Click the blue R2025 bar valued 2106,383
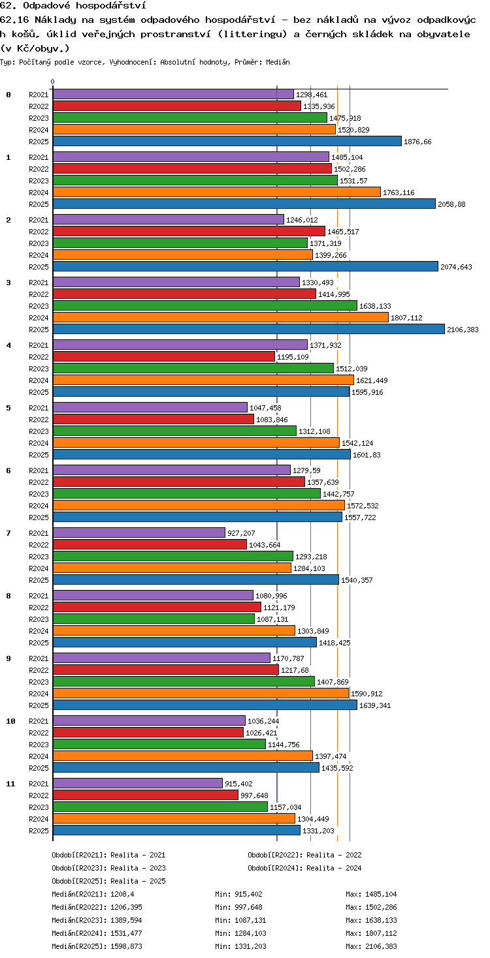[x=249, y=329]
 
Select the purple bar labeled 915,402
[x=138, y=783]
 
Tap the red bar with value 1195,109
[x=164, y=356]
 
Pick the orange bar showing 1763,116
[x=217, y=192]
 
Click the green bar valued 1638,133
[x=205, y=305]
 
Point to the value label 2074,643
[x=456, y=267]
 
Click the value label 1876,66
[x=417, y=142]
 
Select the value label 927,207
[x=241, y=533]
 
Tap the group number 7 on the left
[x=8, y=533]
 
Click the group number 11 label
[x=10, y=784]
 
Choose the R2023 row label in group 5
[x=39, y=431]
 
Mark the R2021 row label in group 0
[x=39, y=95]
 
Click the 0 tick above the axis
[x=53, y=82]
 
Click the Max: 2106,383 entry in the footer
[x=371, y=946]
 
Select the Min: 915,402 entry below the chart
[x=238, y=894]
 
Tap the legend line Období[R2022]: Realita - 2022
[x=304, y=854]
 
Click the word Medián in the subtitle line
[x=278, y=62]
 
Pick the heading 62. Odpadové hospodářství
[x=73, y=6]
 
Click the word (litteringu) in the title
[x=252, y=34]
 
